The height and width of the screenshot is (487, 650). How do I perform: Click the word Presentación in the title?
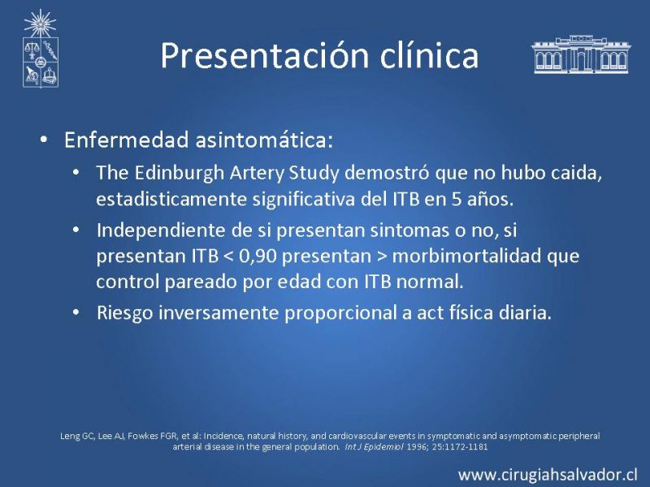click(265, 55)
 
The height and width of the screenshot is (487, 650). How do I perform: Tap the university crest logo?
click(40, 49)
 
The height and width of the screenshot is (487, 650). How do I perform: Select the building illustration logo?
click(581, 54)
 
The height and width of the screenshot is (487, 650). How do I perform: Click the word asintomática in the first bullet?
click(265, 140)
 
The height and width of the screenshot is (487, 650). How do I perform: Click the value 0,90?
click(258, 256)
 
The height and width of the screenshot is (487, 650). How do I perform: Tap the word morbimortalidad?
click(466, 256)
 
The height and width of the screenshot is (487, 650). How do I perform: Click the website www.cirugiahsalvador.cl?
click(548, 475)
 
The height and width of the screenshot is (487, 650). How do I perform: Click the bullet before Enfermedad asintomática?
click(44, 140)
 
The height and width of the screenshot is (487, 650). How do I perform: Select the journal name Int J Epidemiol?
click(374, 447)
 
